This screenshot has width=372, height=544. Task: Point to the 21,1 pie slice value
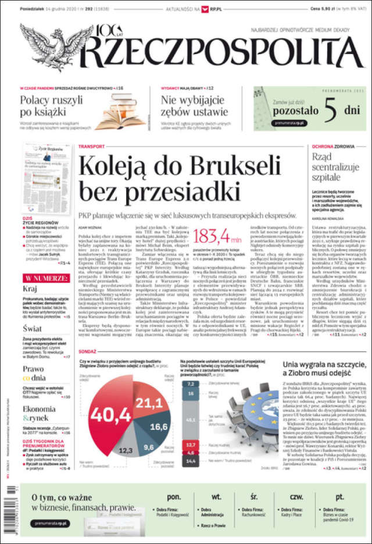pos(149,403)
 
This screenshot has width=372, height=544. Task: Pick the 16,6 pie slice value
pos(159,426)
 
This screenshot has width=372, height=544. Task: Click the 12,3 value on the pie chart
pos(126,450)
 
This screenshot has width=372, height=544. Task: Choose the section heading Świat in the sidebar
pos(33,328)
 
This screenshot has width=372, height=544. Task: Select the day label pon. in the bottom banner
pos(173,497)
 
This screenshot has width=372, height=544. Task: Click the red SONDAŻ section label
pos(87,351)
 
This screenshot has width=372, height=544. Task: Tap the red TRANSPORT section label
pos(91,146)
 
